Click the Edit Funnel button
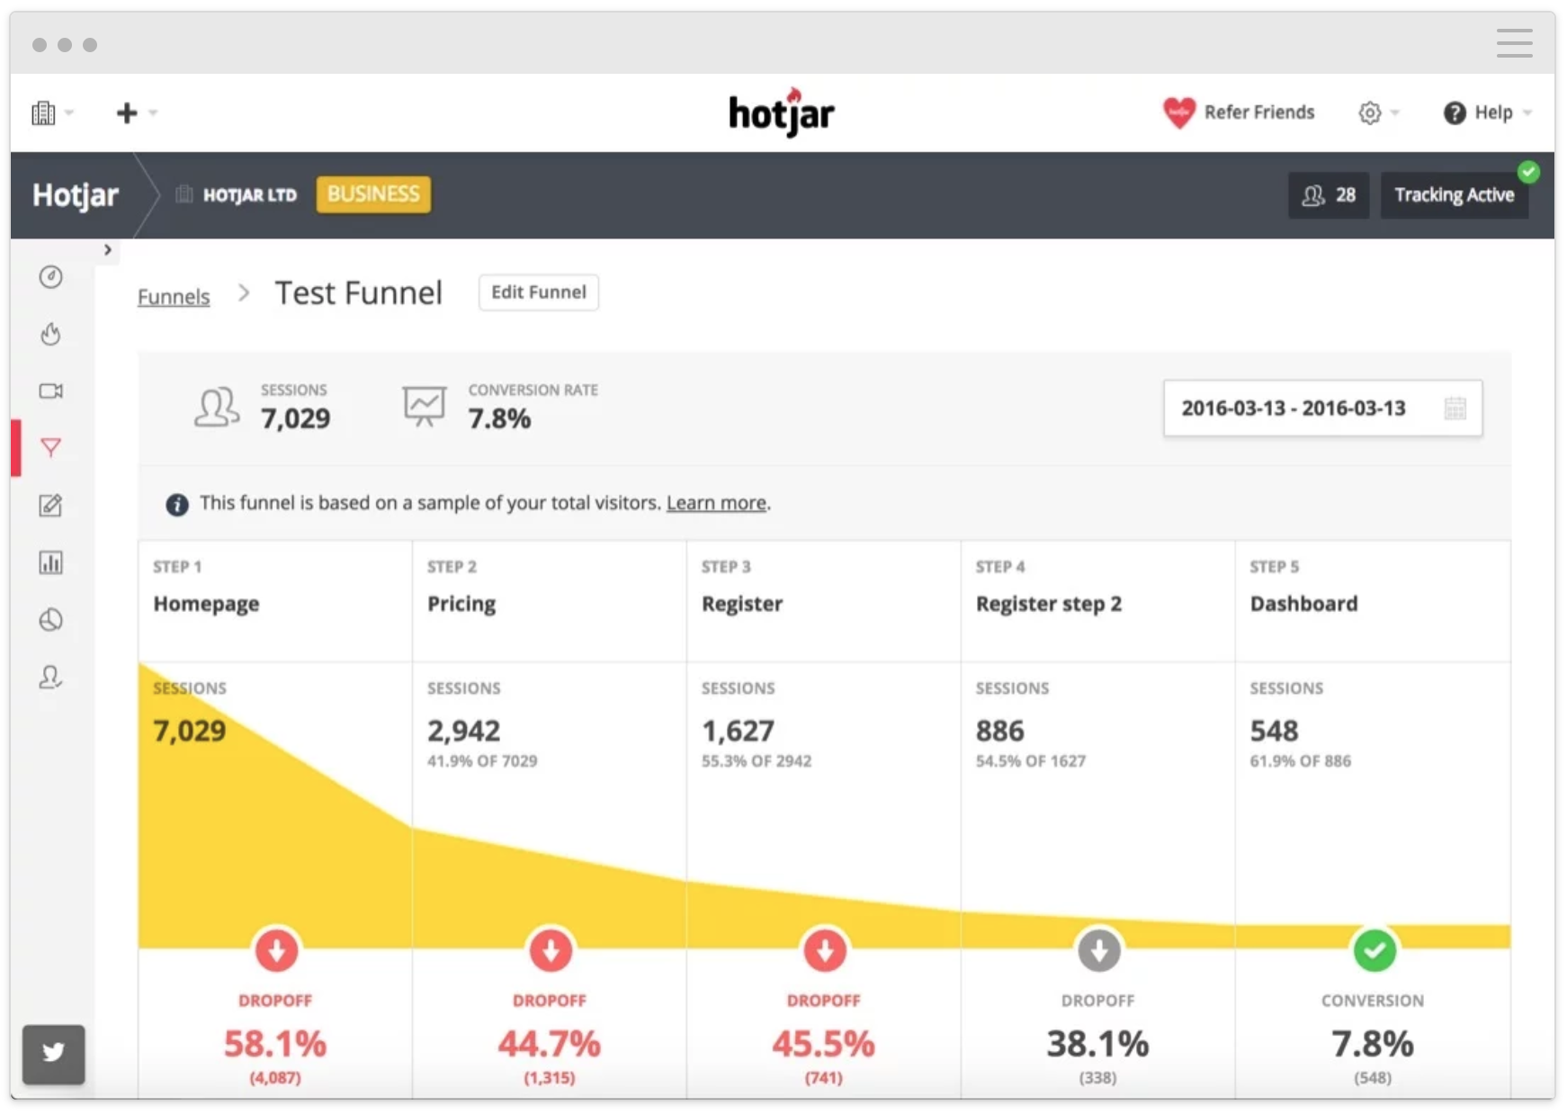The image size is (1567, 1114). [538, 292]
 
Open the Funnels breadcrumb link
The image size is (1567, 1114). [174, 296]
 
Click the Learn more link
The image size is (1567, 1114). [716, 503]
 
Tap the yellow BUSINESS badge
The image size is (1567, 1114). [373, 194]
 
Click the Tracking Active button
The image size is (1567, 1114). [1454, 195]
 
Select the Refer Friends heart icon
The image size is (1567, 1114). [1178, 112]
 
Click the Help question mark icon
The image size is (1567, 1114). [1455, 112]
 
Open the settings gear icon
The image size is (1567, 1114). [1369, 112]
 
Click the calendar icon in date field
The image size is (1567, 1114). [1455, 409]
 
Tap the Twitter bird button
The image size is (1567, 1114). [54, 1053]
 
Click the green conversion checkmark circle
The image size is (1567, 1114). [1374, 950]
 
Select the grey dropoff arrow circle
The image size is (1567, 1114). [1098, 950]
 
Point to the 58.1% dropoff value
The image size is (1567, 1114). [275, 1044]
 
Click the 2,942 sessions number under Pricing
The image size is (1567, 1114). [463, 731]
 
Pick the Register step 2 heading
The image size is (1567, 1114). [1048, 604]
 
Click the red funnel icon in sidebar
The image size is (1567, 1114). [51, 447]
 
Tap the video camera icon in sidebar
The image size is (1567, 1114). [51, 391]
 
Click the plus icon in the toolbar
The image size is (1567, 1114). [127, 112]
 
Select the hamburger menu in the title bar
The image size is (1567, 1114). [1514, 43]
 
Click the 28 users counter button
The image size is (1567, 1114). [1328, 195]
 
